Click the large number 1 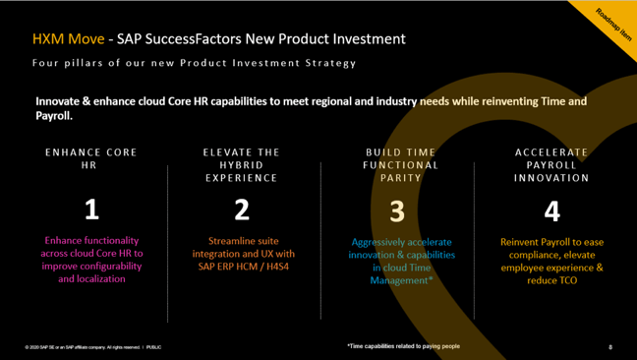[x=91, y=210]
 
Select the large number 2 [x=242, y=210]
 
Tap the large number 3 [x=397, y=210]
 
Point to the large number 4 [x=551, y=210]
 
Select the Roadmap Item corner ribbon [x=612, y=19]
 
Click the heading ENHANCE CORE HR [x=91, y=158]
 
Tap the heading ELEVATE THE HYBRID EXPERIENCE [x=242, y=165]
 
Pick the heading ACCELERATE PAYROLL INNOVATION [x=551, y=165]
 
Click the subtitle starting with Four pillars [x=193, y=63]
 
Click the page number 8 [x=609, y=347]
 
